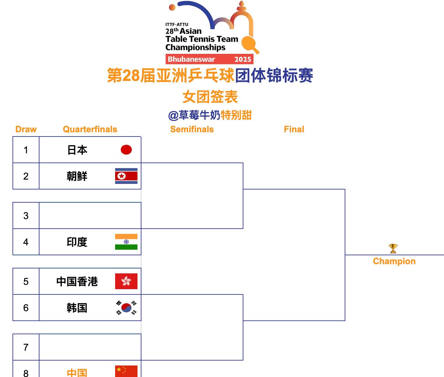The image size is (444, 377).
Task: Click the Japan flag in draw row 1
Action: [126, 150]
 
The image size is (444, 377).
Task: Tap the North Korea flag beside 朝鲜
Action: [126, 176]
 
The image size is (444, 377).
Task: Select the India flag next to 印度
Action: [126, 242]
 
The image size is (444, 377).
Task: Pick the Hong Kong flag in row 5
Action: [126, 281]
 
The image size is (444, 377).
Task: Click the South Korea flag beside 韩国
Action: [126, 308]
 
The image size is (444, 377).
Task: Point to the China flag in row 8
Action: [126, 371]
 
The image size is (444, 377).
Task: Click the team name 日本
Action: [77, 150]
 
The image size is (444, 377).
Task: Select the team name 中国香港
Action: [77, 282]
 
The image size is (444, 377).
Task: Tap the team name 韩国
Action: [77, 308]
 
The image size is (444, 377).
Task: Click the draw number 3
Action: [26, 216]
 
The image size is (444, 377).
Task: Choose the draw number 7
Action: [26, 347]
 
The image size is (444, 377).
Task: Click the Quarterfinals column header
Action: [90, 129]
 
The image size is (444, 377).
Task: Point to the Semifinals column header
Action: [192, 129]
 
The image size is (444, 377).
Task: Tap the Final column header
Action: [294, 129]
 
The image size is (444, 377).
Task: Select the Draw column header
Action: [26, 129]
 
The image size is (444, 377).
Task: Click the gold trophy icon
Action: [393, 248]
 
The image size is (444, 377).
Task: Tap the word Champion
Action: [394, 261]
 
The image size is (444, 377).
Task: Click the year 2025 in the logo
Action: [243, 59]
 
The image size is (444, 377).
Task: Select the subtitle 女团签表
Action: [210, 97]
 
